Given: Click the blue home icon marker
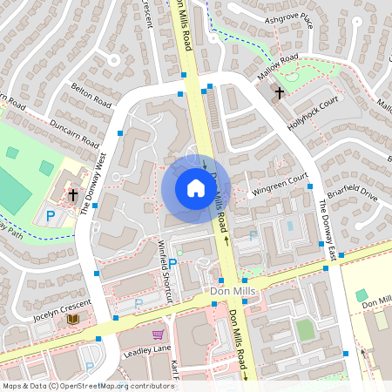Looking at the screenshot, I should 196,188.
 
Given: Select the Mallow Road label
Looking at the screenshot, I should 278,69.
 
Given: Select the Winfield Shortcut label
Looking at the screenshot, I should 166,272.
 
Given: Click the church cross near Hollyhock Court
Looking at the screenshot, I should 280,92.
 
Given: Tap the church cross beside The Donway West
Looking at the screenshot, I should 73,194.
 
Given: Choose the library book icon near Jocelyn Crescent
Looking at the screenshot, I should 73,320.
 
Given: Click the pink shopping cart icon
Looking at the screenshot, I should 158,335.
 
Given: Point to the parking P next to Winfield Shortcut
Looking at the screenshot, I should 172,262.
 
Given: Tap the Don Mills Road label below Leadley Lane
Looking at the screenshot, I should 239,344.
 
